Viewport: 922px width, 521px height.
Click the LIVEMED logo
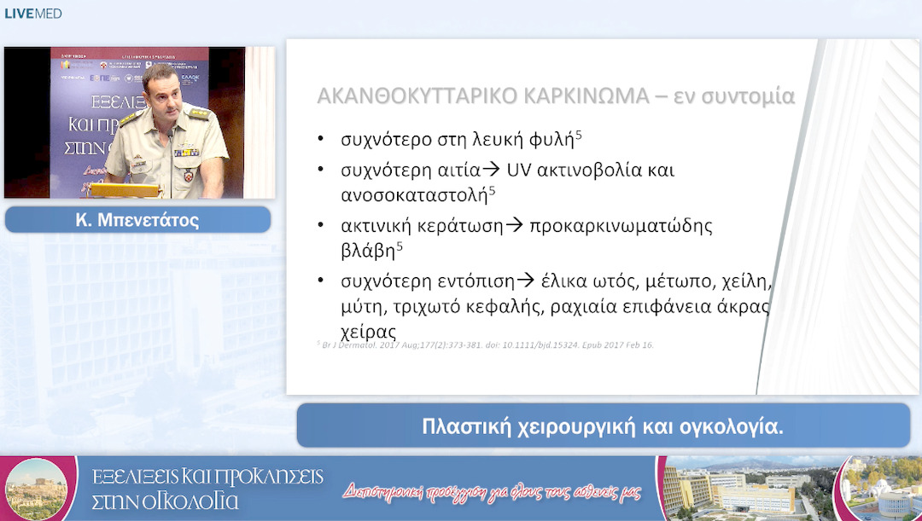tap(33, 14)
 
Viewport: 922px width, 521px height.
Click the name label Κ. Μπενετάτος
tap(137, 220)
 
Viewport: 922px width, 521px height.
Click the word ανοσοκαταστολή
tap(413, 194)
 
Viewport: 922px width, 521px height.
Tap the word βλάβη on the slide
tap(367, 251)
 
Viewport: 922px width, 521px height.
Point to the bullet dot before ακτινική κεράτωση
tap(320, 226)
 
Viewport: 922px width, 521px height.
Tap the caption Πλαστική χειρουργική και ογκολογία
tap(602, 426)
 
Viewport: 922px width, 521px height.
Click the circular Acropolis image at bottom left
tap(36, 489)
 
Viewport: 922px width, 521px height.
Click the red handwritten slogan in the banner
tap(491, 493)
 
